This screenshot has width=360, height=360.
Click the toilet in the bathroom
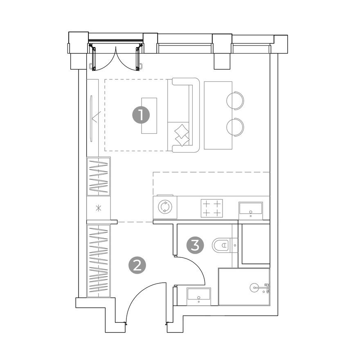coord(221,245)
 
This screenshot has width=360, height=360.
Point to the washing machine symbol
coord(166,207)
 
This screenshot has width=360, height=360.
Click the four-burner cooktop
coord(211,208)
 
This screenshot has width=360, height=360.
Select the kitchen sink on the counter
coord(250,209)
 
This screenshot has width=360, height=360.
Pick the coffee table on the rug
coord(149,115)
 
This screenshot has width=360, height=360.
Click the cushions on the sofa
coord(182,135)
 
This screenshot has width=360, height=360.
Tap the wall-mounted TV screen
coord(91,118)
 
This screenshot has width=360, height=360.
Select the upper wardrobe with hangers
coord(99,176)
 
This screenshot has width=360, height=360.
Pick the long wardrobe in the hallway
coord(99,260)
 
